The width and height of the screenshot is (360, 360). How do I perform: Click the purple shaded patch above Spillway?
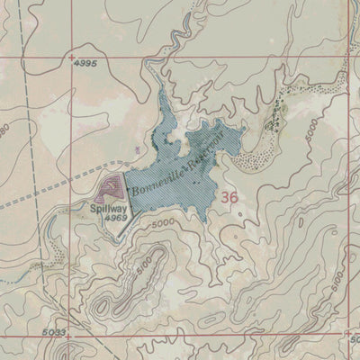click(110, 189)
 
